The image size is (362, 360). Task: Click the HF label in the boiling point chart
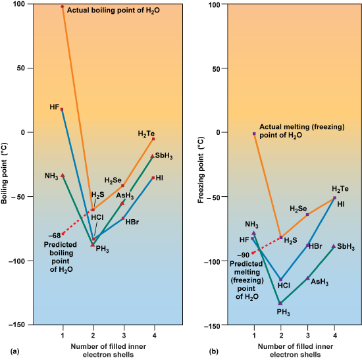point(54,107)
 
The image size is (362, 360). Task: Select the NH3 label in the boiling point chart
point(51,176)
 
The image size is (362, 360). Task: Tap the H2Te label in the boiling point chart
point(146,134)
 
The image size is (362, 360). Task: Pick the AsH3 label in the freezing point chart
point(319,282)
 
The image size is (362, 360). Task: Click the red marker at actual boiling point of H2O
point(63,7)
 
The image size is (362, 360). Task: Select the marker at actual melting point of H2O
point(254,134)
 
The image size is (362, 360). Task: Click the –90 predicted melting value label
point(244,255)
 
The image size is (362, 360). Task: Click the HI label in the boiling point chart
point(159,178)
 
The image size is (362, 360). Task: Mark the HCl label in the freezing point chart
point(284,286)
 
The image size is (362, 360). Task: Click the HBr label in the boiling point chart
point(132,221)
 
